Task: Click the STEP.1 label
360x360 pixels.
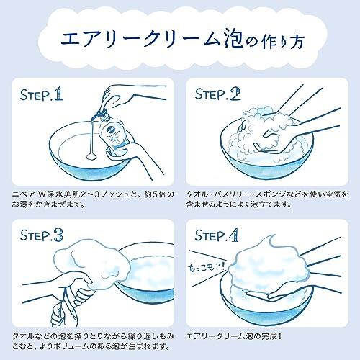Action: [41, 94]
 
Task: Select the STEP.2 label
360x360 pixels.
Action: [217, 94]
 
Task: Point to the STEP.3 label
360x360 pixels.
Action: [42, 235]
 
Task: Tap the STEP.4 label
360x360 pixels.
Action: [217, 235]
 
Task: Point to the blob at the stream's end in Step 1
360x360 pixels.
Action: [91, 156]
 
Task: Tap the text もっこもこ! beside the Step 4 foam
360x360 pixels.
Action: [207, 266]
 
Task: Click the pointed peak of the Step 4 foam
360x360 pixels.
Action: [272, 240]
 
